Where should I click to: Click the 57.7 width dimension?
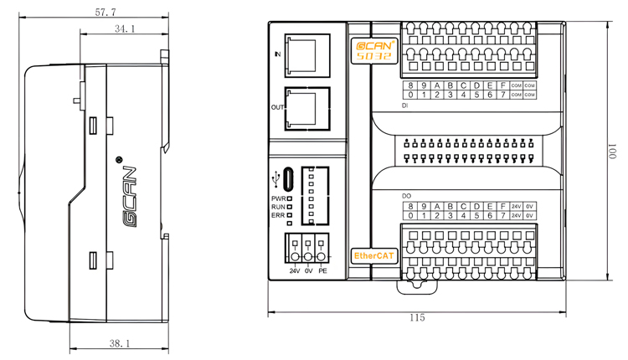coord(106,13)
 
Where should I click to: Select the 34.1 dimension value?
coord(125,29)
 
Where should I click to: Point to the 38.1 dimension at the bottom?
coord(120,343)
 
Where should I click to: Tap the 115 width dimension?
coord(417,318)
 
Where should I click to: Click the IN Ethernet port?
coord(306,54)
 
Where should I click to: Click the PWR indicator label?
coord(278,198)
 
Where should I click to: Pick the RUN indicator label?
coord(278,207)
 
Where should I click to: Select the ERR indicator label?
coord(278,215)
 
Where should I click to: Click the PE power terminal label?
coord(322,271)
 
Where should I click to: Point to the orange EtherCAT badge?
coord(374,255)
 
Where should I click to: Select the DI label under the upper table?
coord(405,106)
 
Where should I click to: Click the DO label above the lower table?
coord(406,196)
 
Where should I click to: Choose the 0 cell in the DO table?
coord(411,216)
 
